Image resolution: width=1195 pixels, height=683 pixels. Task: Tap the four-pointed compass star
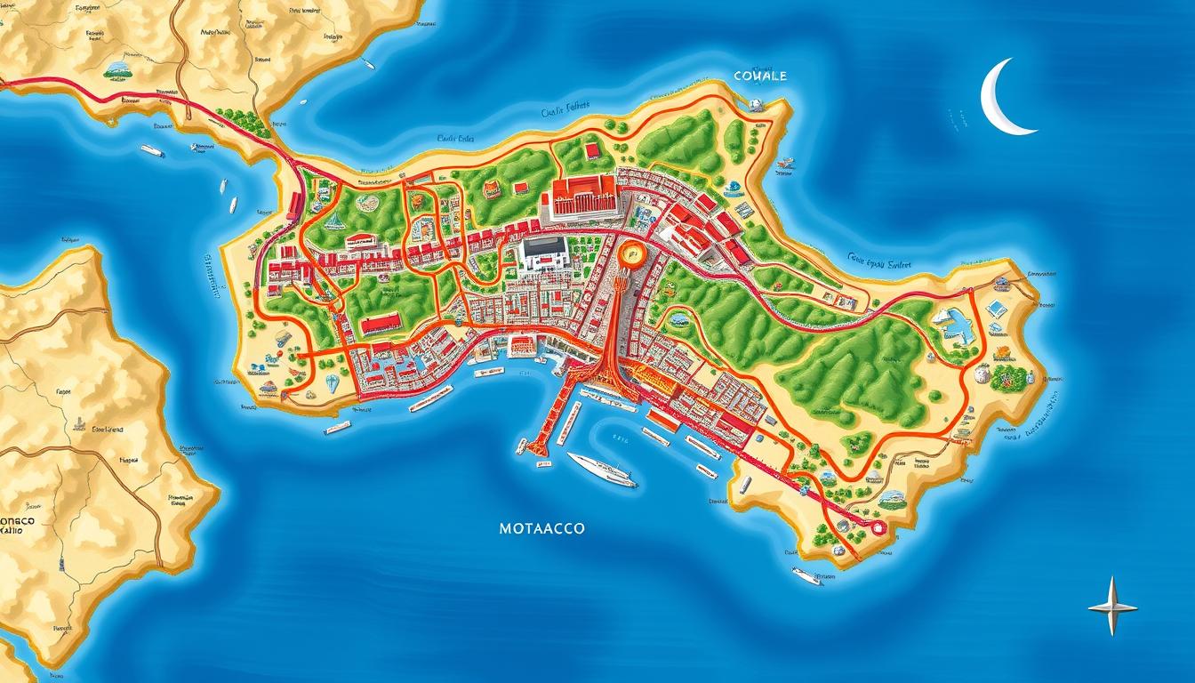tap(1112, 606)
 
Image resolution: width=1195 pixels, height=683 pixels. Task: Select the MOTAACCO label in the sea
tap(541, 528)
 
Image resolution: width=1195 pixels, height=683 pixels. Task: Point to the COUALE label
tap(760, 76)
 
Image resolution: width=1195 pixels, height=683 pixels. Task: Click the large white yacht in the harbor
tap(601, 469)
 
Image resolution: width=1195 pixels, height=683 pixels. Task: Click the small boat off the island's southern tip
tap(806, 575)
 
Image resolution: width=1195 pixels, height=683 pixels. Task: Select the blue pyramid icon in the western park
tap(333, 221)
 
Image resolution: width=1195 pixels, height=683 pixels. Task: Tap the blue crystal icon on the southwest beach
tap(333, 383)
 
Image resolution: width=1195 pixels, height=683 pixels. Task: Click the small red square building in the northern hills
tap(592, 151)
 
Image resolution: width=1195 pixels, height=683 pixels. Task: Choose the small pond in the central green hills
tap(680, 318)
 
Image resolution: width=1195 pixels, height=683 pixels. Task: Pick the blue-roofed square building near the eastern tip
tap(997, 309)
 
